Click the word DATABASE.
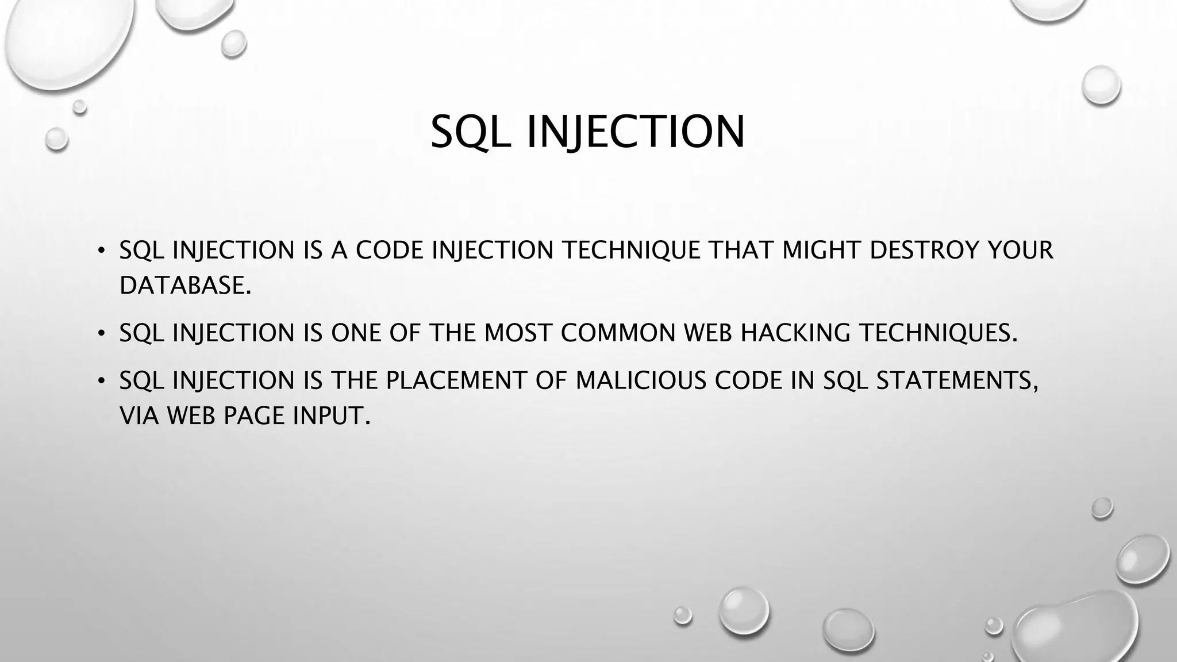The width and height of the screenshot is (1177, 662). coord(185,286)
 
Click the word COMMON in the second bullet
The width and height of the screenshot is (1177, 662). coord(618,333)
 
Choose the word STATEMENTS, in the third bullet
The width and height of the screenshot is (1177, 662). coord(957,380)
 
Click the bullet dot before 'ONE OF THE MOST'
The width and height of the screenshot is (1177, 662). coord(101,333)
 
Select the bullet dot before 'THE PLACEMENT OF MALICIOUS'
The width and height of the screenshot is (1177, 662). coord(101,380)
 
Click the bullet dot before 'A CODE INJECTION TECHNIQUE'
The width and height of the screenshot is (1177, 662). coord(101,250)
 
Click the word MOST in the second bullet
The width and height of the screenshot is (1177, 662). coord(518,333)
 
